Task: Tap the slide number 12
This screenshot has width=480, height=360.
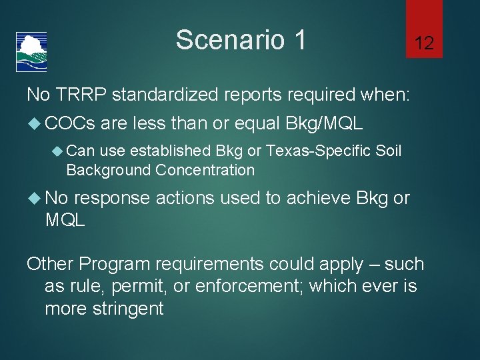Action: [x=424, y=44]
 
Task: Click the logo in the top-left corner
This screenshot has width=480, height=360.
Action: [x=31, y=51]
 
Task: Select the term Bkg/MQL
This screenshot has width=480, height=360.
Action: [x=324, y=123]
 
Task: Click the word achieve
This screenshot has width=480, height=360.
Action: [x=319, y=198]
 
